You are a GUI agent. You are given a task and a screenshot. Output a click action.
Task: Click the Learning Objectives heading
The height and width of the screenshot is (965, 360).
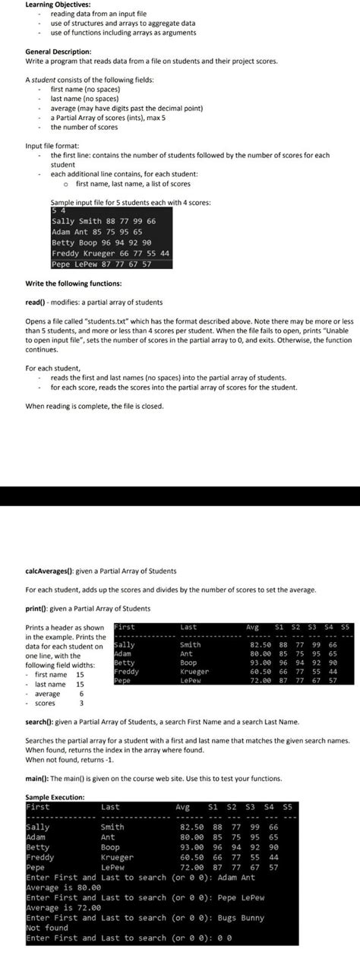click(x=54, y=5)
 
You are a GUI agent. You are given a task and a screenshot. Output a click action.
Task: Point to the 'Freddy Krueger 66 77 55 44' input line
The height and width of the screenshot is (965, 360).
click(x=111, y=253)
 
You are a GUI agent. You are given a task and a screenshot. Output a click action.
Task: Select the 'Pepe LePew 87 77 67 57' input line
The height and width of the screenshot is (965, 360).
click(x=101, y=264)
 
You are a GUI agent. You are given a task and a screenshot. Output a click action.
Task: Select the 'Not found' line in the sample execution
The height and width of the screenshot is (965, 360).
click(x=47, y=928)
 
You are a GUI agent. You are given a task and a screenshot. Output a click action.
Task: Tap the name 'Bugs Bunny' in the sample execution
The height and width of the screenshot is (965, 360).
click(x=242, y=918)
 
